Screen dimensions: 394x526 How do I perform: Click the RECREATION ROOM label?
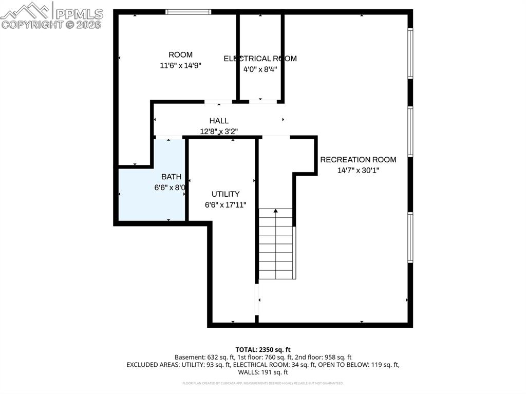358,160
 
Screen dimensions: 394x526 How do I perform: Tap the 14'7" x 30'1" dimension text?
358,171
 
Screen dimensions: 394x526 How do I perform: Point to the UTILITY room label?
226,194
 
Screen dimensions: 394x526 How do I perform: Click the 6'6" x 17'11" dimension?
226,204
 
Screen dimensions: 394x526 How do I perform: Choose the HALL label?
219,121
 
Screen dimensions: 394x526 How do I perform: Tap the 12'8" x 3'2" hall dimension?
219,132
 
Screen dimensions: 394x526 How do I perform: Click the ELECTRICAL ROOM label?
260,59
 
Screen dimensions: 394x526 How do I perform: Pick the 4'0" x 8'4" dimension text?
260,69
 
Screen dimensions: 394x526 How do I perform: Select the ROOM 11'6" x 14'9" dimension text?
180,65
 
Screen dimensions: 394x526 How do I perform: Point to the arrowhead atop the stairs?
276,211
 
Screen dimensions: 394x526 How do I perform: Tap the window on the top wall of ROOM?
188,12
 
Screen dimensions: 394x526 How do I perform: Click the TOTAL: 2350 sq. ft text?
263,349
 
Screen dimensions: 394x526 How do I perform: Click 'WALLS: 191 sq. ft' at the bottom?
263,372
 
